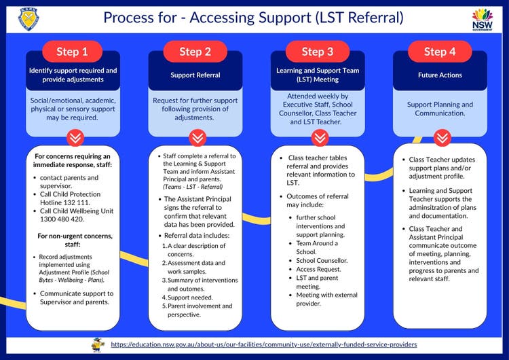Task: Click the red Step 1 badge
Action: point(73,52)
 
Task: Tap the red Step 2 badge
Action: point(195,52)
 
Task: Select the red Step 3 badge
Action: point(317,52)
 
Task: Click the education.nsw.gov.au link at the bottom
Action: point(263,344)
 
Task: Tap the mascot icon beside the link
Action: point(98,344)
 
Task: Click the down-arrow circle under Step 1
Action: point(73,138)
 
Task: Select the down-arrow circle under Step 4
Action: point(441,138)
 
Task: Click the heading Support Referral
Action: point(195,75)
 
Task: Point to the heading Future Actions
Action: point(440,75)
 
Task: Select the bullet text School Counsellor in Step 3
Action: point(322,260)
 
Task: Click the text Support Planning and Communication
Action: point(440,109)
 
